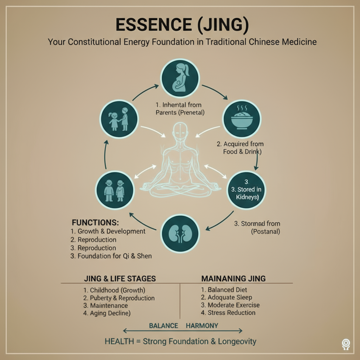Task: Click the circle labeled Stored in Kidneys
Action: point(246,190)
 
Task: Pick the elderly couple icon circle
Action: point(115,190)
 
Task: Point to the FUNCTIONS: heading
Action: point(95,223)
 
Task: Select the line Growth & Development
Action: point(108,231)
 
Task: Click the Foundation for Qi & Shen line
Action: point(111,256)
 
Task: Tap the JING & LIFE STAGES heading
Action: point(120,279)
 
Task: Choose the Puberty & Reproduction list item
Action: point(119,298)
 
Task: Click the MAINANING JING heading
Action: point(233,279)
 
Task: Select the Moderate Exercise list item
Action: point(230,305)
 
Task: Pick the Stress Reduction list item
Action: point(228,313)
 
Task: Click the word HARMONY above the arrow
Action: point(202,326)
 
